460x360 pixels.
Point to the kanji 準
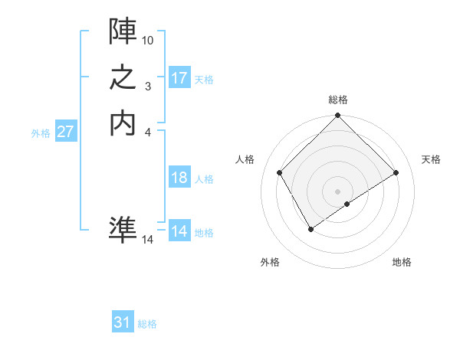[123, 229]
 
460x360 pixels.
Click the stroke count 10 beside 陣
[148, 39]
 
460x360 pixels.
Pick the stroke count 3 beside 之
[148, 87]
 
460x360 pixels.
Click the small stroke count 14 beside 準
[148, 240]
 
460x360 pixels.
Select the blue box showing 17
[179, 78]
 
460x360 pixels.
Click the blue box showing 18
[179, 178]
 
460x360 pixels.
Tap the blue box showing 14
[179, 231]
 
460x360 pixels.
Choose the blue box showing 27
[66, 132]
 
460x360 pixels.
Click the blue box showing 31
[123, 322]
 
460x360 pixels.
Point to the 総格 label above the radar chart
[338, 100]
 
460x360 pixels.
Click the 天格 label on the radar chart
[431, 159]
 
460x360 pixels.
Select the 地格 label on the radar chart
[402, 262]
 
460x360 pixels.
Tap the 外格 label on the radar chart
[270, 262]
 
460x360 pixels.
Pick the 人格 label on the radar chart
[245, 159]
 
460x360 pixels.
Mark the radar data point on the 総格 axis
[338, 116]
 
